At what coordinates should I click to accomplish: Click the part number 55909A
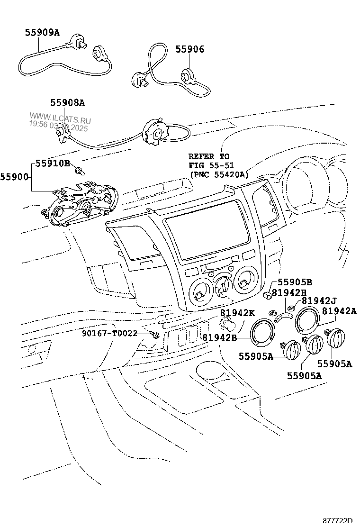43,33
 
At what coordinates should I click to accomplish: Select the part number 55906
189,49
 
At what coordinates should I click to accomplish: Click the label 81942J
319,300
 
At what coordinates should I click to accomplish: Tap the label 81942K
238,313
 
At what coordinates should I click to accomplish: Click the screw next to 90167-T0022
154,335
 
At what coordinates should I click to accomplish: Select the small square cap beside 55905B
268,295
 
